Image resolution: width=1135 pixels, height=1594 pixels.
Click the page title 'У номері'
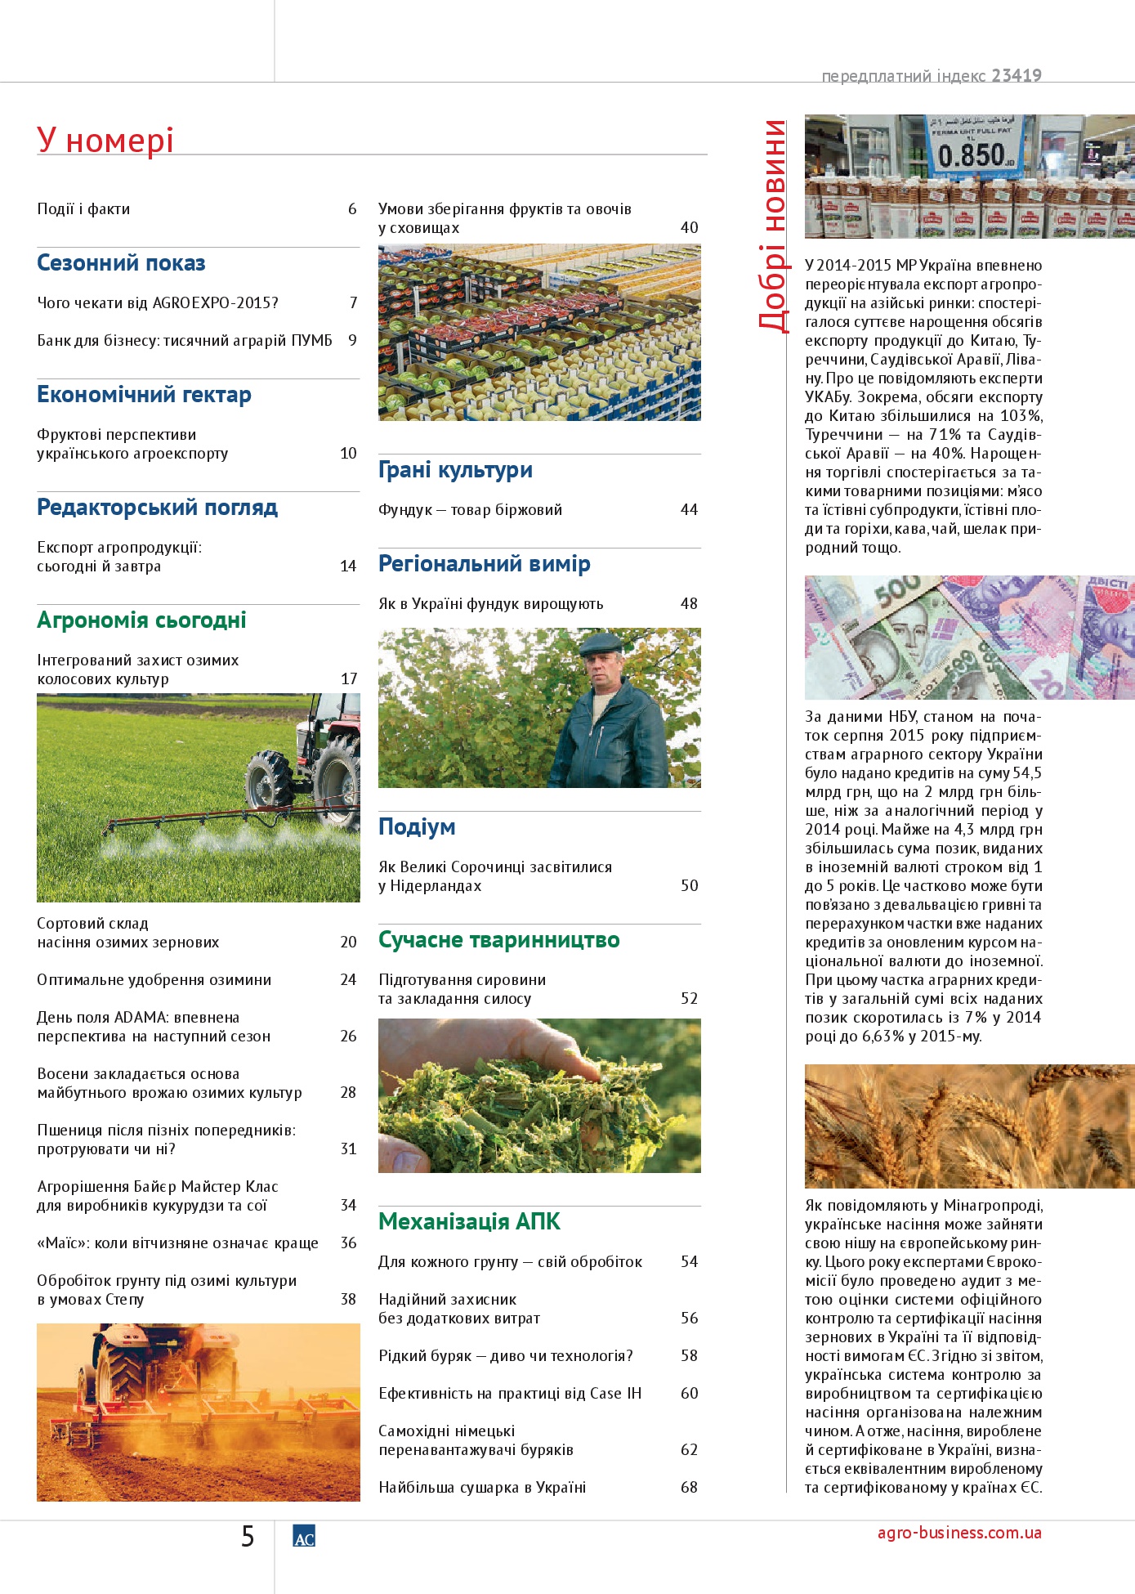pos(105,141)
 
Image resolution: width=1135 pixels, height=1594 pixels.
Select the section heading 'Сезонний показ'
pos(121,263)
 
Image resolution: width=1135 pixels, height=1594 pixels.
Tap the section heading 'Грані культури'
pos(455,470)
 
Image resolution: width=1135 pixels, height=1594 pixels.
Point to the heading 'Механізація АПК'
pos(469,1221)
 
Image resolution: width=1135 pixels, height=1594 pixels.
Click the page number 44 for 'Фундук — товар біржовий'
pos(689,510)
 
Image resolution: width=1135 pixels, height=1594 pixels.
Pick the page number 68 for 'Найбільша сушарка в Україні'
pos(689,1487)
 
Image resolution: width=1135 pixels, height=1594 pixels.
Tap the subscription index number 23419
pos(1017,76)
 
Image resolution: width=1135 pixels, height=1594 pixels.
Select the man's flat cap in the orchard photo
pos(601,643)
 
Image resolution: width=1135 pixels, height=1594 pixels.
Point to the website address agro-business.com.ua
pos(959,1533)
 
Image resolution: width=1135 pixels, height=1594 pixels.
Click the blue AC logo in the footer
pos(304,1537)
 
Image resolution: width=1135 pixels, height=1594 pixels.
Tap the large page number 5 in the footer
pos(248,1537)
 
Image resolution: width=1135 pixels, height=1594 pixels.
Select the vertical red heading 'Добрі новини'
pos(773,225)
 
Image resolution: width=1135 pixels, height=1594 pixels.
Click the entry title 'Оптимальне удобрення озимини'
pos(154,980)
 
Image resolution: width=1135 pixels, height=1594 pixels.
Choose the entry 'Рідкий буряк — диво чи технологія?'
pos(506,1356)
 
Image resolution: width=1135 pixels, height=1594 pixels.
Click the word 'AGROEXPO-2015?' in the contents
pos(216,303)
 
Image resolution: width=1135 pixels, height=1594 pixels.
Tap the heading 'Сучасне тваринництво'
pos(498,940)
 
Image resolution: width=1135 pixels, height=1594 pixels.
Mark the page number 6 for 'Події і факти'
pos(352,209)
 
